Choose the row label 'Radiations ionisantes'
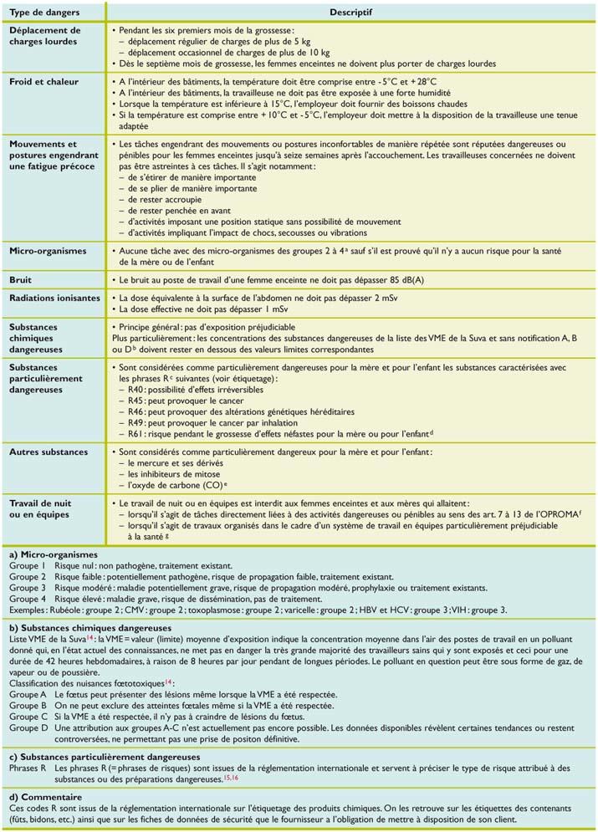[x=54, y=299]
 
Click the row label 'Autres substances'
[x=49, y=452]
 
